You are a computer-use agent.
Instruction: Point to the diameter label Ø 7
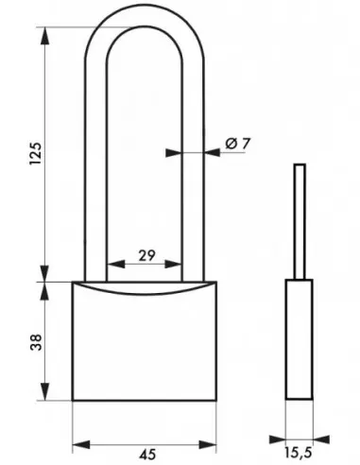237,144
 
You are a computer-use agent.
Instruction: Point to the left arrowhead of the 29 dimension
110,265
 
